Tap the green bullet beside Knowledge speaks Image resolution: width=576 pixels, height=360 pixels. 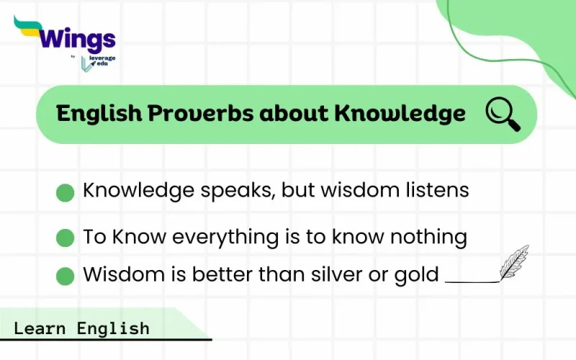pos(66,192)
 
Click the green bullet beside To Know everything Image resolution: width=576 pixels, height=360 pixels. pos(66,238)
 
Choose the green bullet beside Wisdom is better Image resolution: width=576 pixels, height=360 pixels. pos(66,276)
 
